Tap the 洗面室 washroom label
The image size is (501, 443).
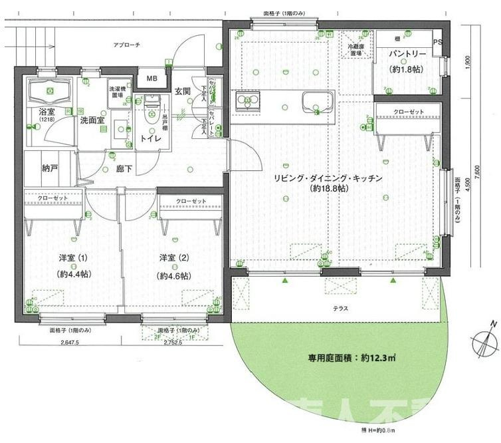click(x=92, y=120)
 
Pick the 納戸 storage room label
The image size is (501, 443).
click(x=49, y=169)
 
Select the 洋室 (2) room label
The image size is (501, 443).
click(x=174, y=257)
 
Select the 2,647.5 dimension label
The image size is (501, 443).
click(x=69, y=343)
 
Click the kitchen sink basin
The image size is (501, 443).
click(x=316, y=102)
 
